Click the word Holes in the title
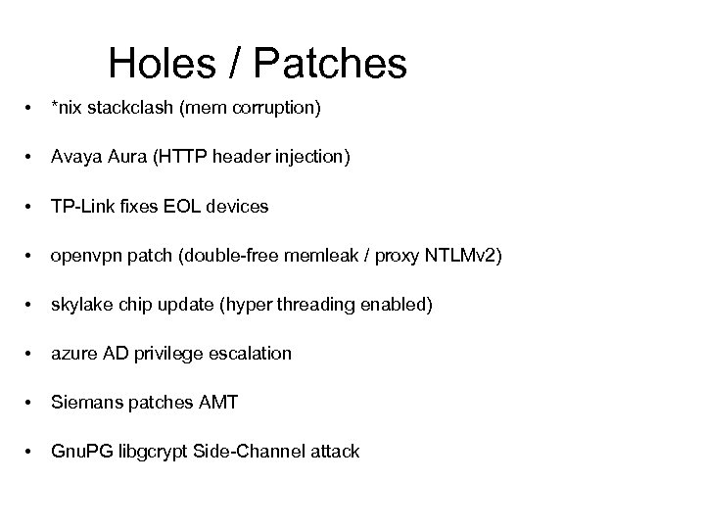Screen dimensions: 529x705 tap(164, 65)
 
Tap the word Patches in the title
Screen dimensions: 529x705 tap(330, 65)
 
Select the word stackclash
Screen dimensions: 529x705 tap(132, 109)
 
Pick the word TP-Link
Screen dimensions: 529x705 tap(82, 207)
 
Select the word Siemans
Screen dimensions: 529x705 tap(85, 403)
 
